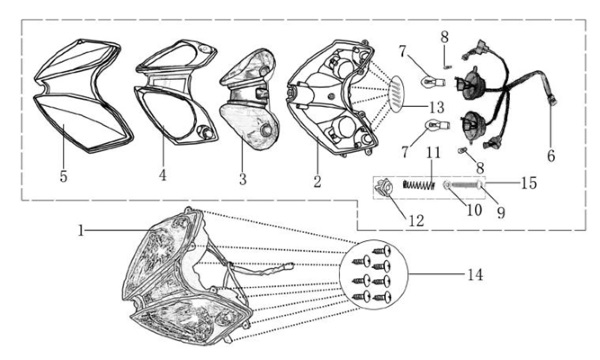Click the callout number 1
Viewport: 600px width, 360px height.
coord(80,231)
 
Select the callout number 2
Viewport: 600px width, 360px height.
coord(317,181)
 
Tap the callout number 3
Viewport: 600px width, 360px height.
coord(243,179)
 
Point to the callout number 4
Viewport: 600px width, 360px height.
coord(163,175)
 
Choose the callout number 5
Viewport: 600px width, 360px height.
coord(64,176)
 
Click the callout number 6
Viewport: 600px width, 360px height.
coord(551,156)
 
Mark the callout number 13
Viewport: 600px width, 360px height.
coord(436,108)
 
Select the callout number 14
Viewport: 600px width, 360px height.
coord(475,275)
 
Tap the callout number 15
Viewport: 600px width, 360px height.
coord(529,183)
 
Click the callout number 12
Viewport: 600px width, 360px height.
coord(417,221)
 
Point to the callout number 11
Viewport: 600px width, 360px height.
coord(433,152)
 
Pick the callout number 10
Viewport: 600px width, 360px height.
coord(474,210)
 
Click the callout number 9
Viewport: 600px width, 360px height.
coord(501,212)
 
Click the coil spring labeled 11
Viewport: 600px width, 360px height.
coord(419,186)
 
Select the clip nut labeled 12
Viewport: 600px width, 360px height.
coord(383,187)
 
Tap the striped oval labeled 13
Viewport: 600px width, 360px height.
coord(397,93)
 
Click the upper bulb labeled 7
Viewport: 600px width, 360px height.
coord(433,82)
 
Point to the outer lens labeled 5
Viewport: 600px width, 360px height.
coord(83,96)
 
